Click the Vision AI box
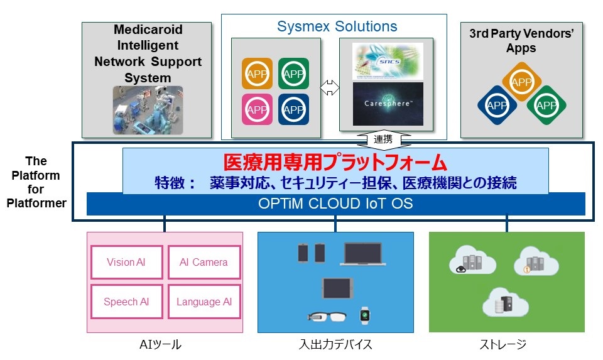126,262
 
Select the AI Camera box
204,262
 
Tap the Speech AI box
126,302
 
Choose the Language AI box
204,302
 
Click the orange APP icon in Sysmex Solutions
258,74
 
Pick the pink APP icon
258,109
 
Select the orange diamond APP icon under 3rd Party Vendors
522,82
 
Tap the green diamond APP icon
546,105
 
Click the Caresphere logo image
388,104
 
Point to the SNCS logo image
388,61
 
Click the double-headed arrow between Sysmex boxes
330,88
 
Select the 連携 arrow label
383,139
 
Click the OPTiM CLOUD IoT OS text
335,204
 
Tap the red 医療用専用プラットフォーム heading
335,162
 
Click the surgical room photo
148,110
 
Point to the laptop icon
362,254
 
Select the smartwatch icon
364,315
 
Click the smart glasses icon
327,317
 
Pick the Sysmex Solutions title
337,26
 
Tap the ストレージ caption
503,344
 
